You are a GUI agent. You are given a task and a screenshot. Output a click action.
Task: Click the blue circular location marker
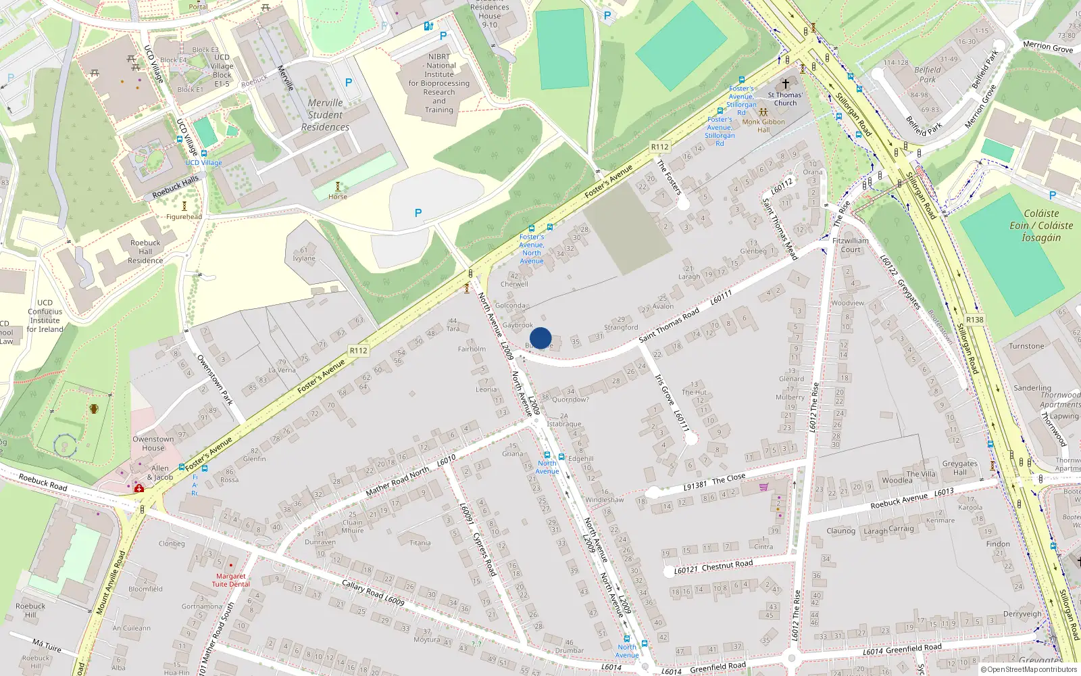(540, 338)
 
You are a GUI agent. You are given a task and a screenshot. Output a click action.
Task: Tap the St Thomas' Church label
(785, 99)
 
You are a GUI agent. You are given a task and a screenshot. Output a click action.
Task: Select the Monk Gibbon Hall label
(763, 126)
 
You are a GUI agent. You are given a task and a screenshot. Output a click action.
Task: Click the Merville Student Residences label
(325, 115)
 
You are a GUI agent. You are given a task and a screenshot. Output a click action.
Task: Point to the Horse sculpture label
(338, 197)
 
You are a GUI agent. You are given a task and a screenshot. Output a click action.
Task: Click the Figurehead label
(184, 217)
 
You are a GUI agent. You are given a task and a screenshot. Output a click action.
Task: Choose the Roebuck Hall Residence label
(145, 251)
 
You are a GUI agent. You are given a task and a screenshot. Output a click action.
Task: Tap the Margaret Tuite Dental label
(231, 580)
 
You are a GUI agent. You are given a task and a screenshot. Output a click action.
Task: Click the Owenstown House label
(153, 443)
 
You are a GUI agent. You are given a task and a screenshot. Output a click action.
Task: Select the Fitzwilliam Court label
(851, 245)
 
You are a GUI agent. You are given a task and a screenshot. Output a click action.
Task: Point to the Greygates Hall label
(959, 468)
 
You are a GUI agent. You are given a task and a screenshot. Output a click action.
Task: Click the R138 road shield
(974, 320)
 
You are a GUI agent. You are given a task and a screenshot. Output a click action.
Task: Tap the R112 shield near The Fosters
(659, 147)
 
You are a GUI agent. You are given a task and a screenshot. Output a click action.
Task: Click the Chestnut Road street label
(727, 564)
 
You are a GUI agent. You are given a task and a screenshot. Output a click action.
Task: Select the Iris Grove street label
(664, 389)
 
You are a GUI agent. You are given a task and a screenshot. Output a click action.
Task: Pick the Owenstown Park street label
(215, 380)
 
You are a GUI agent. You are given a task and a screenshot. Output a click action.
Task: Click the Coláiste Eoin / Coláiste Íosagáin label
(1041, 225)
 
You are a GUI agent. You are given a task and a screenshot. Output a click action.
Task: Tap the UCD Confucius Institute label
(45, 316)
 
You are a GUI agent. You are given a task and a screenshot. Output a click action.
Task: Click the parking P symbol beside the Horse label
(418, 214)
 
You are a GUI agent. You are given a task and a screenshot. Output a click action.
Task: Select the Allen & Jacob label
(160, 473)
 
